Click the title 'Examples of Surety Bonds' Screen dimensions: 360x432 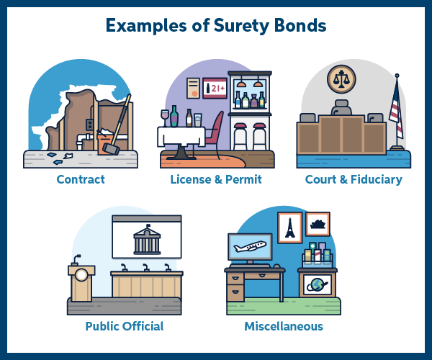(216, 26)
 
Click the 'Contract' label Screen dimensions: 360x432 (81, 179)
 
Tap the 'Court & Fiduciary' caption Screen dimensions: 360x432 (353, 179)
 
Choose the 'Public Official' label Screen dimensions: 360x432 (125, 326)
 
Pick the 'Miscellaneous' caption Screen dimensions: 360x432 (282, 326)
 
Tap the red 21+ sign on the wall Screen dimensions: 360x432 (215, 89)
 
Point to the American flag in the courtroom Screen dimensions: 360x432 (395, 112)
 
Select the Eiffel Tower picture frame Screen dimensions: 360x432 (289, 228)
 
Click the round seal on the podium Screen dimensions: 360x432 (82, 274)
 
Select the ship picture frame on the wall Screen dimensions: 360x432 (318, 224)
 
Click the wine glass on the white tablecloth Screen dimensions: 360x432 (165, 117)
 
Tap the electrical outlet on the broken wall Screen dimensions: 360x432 (90, 125)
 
